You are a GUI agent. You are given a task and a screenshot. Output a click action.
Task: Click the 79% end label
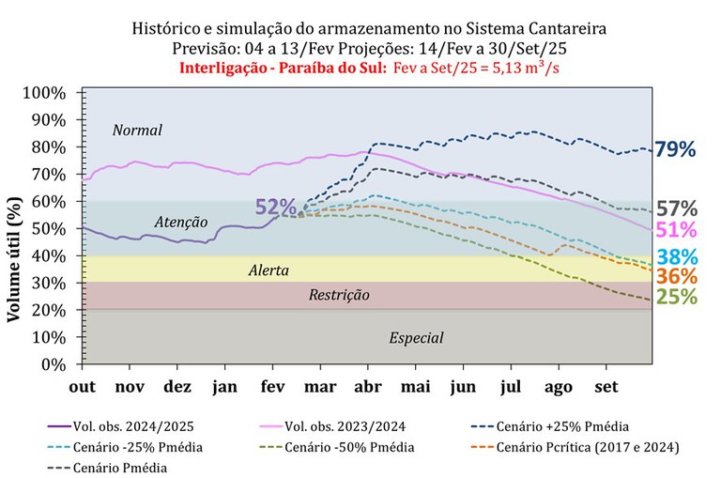tap(675, 149)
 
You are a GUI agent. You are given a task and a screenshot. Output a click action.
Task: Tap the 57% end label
tap(675, 208)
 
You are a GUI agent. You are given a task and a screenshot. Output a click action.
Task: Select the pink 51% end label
tap(675, 231)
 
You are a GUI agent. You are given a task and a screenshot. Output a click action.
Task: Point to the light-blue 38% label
tap(675, 257)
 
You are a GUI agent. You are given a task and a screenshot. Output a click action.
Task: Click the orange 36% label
tap(675, 277)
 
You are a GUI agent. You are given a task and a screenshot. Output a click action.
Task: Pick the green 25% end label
tap(675, 298)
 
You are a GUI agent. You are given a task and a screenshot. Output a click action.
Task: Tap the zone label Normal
tap(137, 130)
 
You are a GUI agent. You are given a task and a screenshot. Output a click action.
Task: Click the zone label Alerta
tap(268, 270)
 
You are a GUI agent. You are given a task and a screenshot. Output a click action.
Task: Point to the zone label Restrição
tap(339, 295)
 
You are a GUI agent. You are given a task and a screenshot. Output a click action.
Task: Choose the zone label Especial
tap(416, 338)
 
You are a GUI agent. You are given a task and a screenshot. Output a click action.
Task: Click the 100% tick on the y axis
tap(57, 93)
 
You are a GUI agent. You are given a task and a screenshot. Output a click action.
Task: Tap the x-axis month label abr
tap(368, 386)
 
